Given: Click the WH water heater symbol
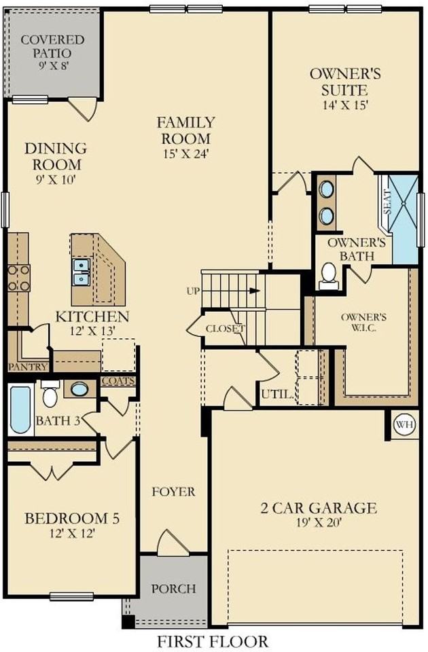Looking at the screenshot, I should pyautogui.click(x=405, y=424).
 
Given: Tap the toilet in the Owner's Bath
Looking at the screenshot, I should pyautogui.click(x=329, y=274).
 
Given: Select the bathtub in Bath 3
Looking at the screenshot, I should pyautogui.click(x=20, y=409).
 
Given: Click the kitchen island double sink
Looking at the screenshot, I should pyautogui.click(x=82, y=272).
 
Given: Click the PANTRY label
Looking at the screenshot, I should pyautogui.click(x=28, y=367).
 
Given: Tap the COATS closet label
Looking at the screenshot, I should pyautogui.click(x=118, y=382).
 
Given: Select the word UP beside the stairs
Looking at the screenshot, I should pyautogui.click(x=193, y=291).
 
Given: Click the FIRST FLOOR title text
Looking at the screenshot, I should pyautogui.click(x=213, y=641).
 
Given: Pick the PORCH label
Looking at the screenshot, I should pyautogui.click(x=173, y=588).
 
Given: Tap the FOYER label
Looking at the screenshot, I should pyautogui.click(x=173, y=491).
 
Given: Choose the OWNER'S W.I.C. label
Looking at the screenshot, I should pyautogui.click(x=364, y=323).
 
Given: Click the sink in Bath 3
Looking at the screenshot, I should pyautogui.click(x=79, y=389).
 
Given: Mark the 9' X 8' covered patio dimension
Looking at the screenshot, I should pyautogui.click(x=52, y=67).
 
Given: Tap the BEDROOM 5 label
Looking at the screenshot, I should pyautogui.click(x=72, y=519).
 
